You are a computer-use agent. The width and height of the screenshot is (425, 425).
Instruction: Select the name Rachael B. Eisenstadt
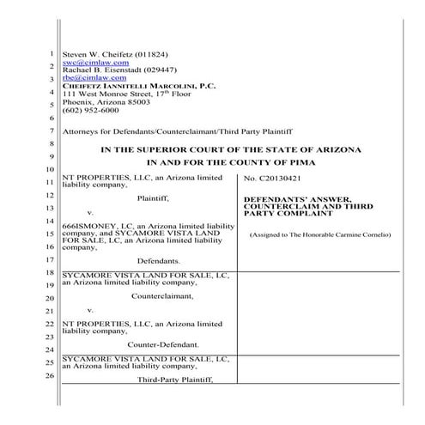click(101, 70)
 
